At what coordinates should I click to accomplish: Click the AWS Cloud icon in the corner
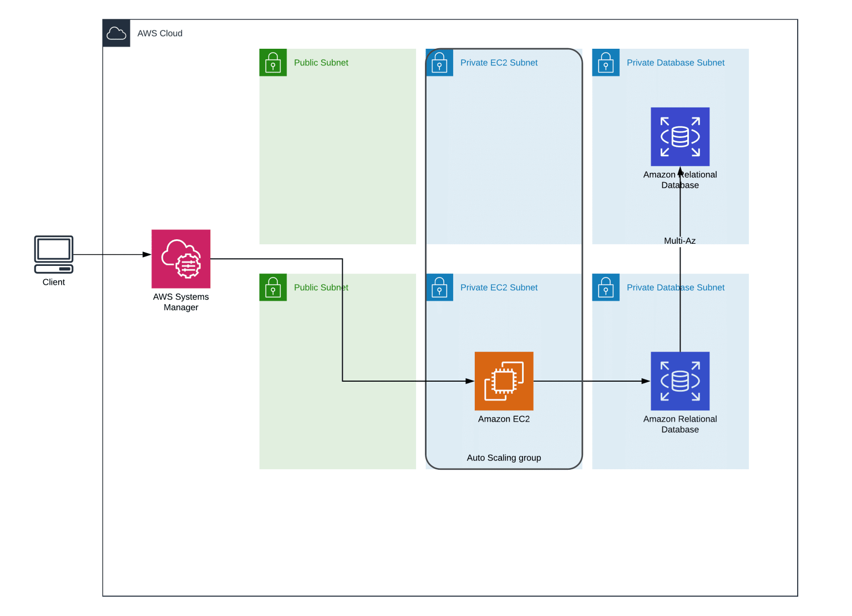click(116, 33)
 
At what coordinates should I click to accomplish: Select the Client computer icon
click(54, 254)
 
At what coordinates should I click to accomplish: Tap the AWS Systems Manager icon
click(181, 259)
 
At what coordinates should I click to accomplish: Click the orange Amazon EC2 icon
click(504, 381)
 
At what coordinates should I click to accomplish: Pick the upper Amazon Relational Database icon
click(680, 136)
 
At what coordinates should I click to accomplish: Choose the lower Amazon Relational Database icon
click(680, 381)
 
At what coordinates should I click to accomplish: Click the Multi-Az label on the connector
click(679, 241)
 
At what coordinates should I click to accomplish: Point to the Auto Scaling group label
click(504, 458)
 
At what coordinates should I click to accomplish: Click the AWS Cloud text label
click(160, 33)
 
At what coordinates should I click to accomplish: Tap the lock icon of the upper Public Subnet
click(273, 63)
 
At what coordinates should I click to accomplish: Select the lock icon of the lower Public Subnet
click(273, 288)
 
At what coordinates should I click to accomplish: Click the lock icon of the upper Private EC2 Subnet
click(439, 63)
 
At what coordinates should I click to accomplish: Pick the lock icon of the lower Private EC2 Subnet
click(439, 288)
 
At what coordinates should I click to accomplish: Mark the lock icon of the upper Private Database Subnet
click(606, 63)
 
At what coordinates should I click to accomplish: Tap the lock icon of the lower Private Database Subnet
click(606, 288)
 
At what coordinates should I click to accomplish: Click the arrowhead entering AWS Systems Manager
click(147, 255)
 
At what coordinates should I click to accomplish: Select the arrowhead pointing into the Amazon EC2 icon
click(470, 381)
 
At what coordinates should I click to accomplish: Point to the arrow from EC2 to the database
click(588, 381)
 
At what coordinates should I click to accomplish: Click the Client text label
click(54, 282)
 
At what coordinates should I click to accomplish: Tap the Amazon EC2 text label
click(504, 419)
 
